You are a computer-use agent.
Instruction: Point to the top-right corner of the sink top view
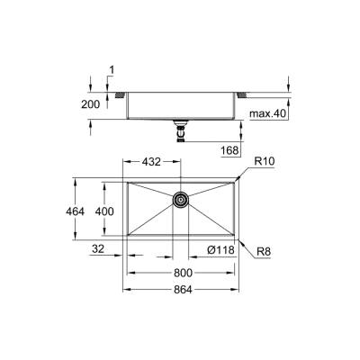(240, 178)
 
